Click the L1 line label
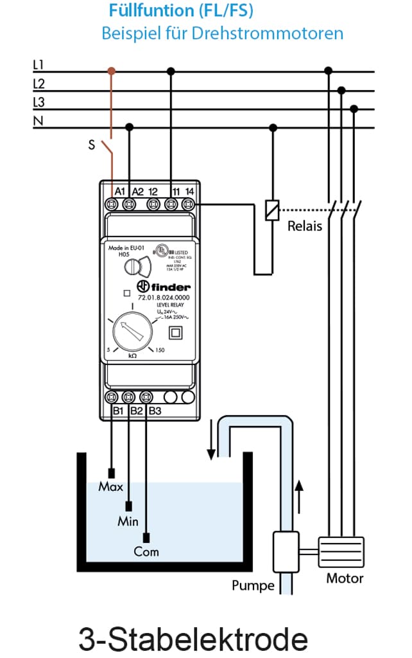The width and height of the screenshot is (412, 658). click(38, 65)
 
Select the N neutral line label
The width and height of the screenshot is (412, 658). click(37, 120)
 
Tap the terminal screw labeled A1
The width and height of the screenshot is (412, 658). click(112, 204)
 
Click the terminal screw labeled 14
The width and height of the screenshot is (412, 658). click(188, 204)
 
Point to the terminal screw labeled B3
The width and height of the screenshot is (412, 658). click(147, 397)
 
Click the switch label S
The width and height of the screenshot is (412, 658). click(92, 145)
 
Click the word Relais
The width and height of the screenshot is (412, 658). click(304, 226)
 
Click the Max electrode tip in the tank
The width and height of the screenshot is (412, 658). click(112, 474)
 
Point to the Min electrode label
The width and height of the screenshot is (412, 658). click(128, 521)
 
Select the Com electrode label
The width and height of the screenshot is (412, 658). click(146, 551)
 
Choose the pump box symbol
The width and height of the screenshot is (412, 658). click(286, 551)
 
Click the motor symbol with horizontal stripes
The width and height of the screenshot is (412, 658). click(341, 552)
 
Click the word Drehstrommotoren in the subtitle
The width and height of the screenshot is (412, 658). click(280, 33)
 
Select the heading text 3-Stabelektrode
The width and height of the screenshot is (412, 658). click(193, 639)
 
